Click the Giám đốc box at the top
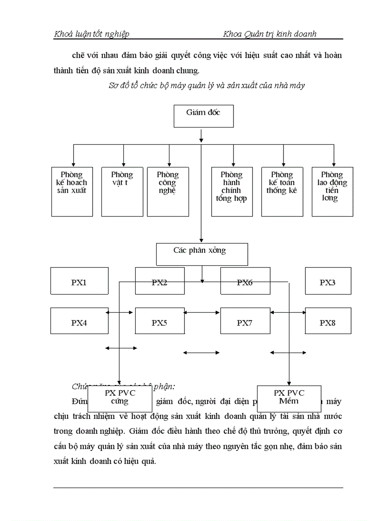(x=203, y=116)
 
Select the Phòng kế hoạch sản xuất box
(x=71, y=192)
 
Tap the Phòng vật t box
(x=122, y=192)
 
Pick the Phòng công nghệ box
(x=168, y=192)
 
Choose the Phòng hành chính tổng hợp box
(x=232, y=192)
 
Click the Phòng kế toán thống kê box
(x=282, y=192)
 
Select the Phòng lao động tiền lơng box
(x=332, y=192)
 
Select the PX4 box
(x=79, y=321)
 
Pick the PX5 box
(x=159, y=321)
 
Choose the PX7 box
(x=245, y=321)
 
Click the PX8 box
(x=328, y=321)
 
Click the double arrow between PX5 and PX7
(x=202, y=313)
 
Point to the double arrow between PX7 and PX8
(x=288, y=313)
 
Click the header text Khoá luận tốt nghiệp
(x=92, y=34)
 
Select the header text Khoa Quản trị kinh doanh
(x=270, y=34)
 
